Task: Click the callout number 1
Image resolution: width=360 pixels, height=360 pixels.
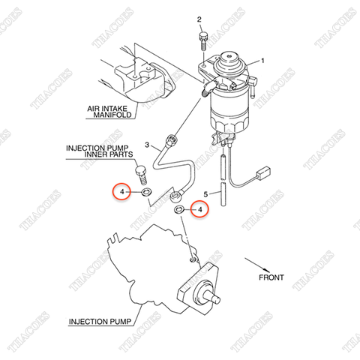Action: (x=262, y=61)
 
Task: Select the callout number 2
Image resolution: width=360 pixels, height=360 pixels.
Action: (x=199, y=19)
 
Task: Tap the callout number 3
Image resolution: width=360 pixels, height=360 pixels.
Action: (x=147, y=145)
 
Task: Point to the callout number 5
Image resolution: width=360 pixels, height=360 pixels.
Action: (x=205, y=194)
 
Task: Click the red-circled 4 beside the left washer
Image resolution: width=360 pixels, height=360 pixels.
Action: (x=121, y=192)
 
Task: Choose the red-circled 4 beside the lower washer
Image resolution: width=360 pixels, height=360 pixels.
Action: (x=199, y=210)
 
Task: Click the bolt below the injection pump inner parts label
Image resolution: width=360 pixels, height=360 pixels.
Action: (x=141, y=175)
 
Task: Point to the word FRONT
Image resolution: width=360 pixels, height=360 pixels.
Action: (x=271, y=277)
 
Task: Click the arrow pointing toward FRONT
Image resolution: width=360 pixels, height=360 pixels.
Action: (x=257, y=265)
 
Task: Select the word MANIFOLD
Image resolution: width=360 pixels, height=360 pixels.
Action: (x=112, y=115)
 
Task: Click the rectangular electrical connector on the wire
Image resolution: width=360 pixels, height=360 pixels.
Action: (x=264, y=172)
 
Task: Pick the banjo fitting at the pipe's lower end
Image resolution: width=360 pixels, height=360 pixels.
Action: (x=175, y=196)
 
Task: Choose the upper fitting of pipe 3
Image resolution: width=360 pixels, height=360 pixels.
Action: (x=172, y=139)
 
